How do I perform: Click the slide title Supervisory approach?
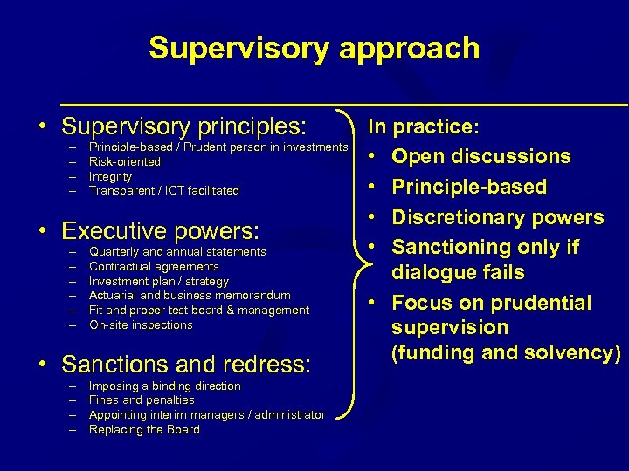pyautogui.click(x=314, y=48)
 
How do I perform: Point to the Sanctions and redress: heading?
pyautogui.click(x=185, y=364)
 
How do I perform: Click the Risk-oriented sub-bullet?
pyautogui.click(x=125, y=161)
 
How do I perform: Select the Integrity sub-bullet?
pyautogui.click(x=111, y=176)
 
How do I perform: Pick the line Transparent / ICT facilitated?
pyautogui.click(x=164, y=190)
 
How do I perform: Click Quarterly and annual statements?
pyautogui.click(x=177, y=251)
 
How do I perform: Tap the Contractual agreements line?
pyautogui.click(x=154, y=266)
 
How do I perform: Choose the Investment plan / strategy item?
pyautogui.click(x=159, y=281)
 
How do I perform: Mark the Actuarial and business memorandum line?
pyautogui.click(x=190, y=296)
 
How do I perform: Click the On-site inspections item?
pyautogui.click(x=141, y=324)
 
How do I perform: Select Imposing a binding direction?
pyautogui.click(x=165, y=386)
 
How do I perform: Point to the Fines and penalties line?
pyautogui.click(x=142, y=399)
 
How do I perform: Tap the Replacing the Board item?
pyautogui.click(x=144, y=429)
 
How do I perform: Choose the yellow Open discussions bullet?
pyautogui.click(x=480, y=157)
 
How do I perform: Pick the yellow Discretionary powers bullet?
pyautogui.click(x=497, y=217)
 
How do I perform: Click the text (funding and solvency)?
pyautogui.click(x=506, y=352)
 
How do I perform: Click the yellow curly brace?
pyautogui.click(x=353, y=270)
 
